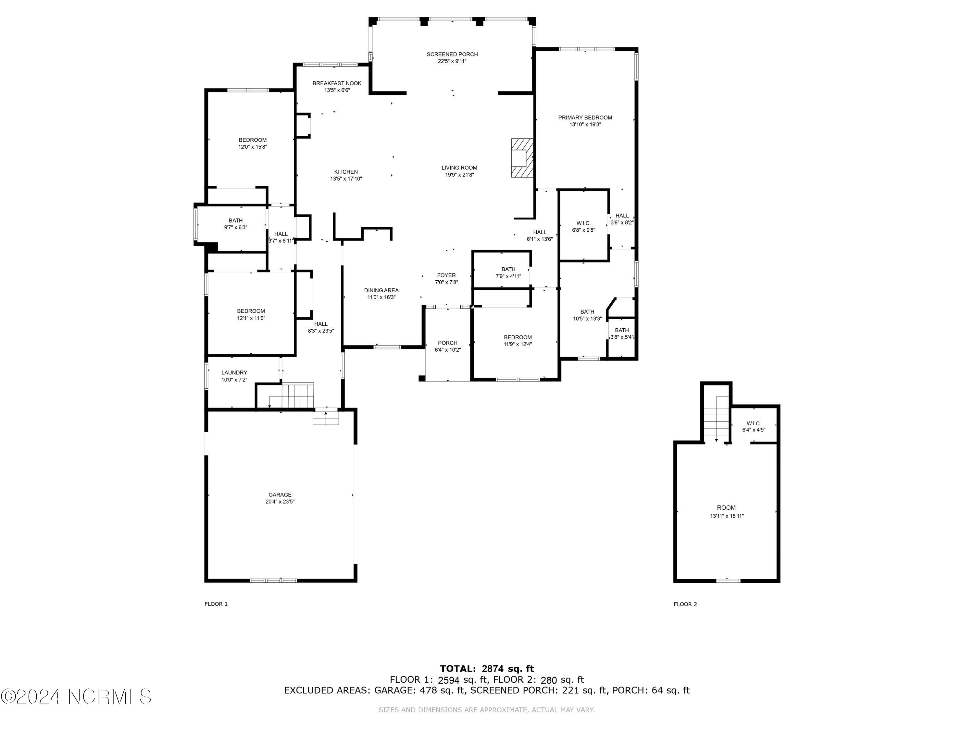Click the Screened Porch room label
point(452,55)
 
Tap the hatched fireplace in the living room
point(522,158)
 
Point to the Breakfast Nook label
point(337,83)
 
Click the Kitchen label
point(346,172)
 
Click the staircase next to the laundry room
point(297,395)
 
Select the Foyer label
point(446,275)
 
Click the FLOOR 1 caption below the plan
point(216,604)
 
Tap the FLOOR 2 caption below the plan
point(685,604)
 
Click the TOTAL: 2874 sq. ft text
point(487,669)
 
